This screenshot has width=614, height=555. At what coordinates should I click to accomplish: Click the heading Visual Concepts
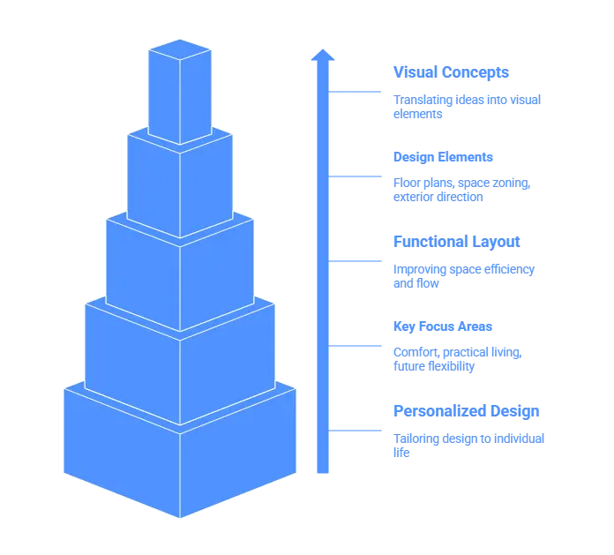tap(451, 71)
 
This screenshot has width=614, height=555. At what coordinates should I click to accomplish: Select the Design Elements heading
tap(442, 156)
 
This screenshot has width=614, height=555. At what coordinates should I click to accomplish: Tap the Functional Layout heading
tap(455, 241)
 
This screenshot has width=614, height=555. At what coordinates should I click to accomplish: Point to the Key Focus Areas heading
tap(442, 326)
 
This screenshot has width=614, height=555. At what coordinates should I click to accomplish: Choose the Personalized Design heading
tap(464, 410)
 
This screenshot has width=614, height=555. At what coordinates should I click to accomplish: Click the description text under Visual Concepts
tap(466, 106)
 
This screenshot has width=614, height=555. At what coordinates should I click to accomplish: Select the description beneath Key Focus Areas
tap(456, 360)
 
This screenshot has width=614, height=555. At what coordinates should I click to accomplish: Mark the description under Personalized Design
tap(469, 443)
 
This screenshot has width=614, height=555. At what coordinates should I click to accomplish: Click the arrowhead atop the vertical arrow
tap(323, 56)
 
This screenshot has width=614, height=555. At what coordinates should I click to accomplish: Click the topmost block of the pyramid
tap(180, 93)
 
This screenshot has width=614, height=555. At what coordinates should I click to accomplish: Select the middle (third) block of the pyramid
tap(180, 269)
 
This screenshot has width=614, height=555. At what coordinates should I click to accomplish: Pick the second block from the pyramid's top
tap(180, 185)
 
